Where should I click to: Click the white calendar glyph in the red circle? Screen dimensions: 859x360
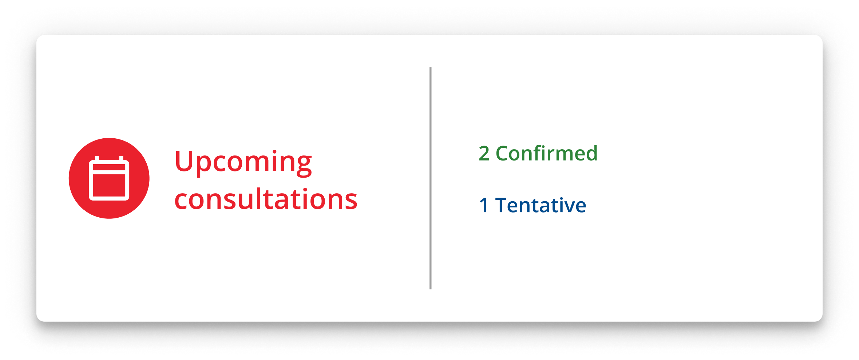tap(109, 178)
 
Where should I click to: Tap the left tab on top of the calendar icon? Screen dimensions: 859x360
tap(97, 159)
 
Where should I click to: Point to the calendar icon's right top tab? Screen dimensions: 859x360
tap(121, 159)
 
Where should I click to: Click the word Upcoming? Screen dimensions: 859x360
tap(243, 163)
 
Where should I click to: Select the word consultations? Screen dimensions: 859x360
tap(266, 199)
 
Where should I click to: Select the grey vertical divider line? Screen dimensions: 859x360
tap(431, 178)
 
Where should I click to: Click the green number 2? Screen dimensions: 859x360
tap(484, 153)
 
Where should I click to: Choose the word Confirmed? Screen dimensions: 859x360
tap(547, 153)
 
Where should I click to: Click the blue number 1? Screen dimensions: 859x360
tap(483, 205)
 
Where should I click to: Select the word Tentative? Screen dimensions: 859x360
tap(541, 205)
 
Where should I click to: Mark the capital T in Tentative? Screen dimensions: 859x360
tap(502, 205)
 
